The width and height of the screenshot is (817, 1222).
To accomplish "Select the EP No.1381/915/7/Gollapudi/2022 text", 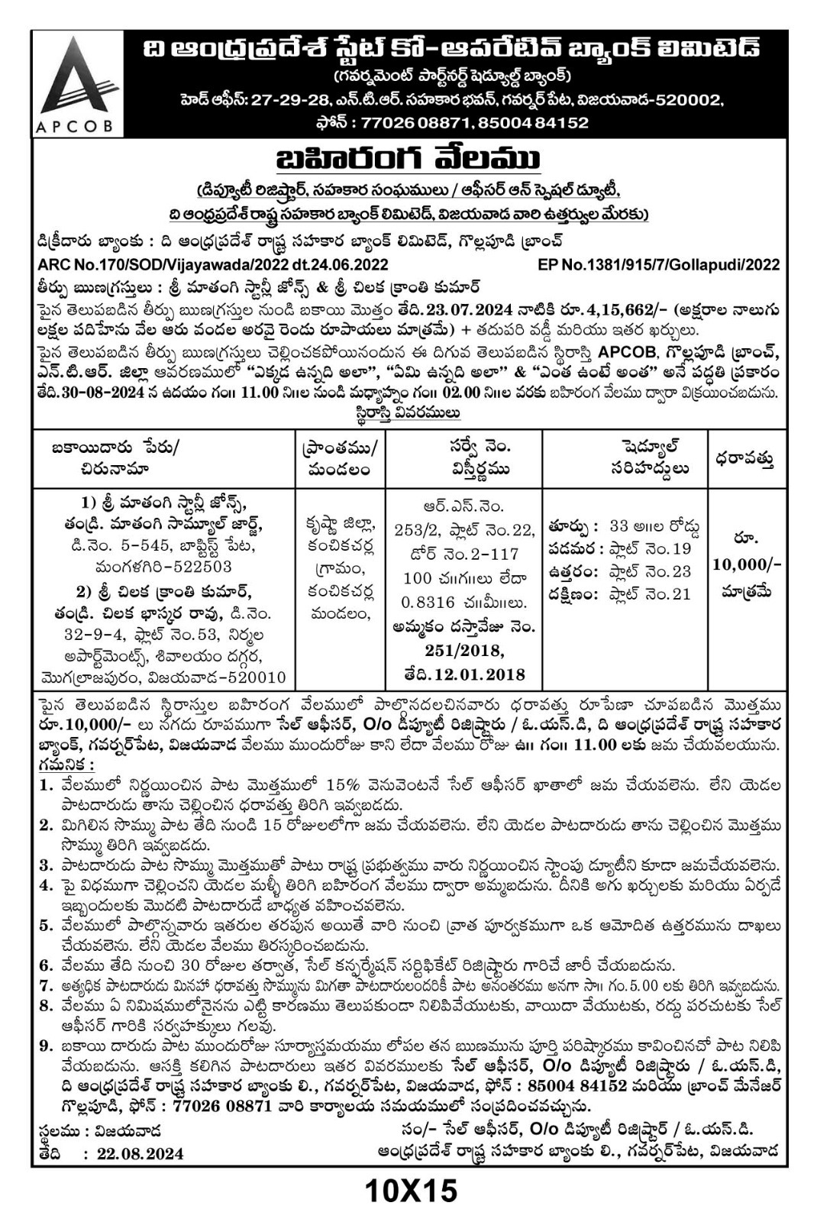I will [x=659, y=265].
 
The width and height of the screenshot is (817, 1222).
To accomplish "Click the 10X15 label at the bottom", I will [x=410, y=1190].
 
